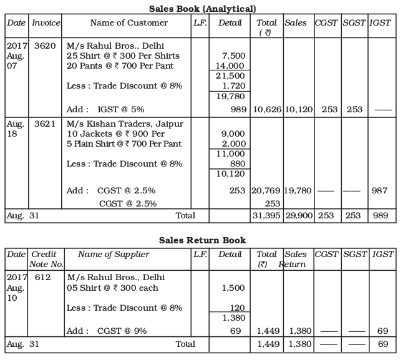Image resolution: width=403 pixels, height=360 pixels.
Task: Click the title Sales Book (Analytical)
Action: [x=203, y=8]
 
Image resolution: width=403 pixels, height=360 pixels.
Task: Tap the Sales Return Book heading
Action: [x=202, y=240]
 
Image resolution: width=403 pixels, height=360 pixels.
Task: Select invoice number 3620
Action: [x=44, y=46]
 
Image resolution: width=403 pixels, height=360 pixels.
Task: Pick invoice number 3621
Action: [x=44, y=124]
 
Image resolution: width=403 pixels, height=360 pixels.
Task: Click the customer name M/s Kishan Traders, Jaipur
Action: [x=125, y=124]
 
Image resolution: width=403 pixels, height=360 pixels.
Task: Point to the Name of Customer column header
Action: [x=129, y=23]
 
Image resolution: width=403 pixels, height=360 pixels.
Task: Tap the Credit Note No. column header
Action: [x=46, y=259]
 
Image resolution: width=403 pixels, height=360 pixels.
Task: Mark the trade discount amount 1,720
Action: [x=234, y=85]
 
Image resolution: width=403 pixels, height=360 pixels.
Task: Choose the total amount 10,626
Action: [x=267, y=110]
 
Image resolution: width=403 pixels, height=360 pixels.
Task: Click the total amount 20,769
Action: [x=267, y=190]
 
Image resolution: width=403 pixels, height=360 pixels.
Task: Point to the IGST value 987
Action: [x=381, y=190]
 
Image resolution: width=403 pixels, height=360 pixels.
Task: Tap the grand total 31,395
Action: [x=267, y=215]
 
